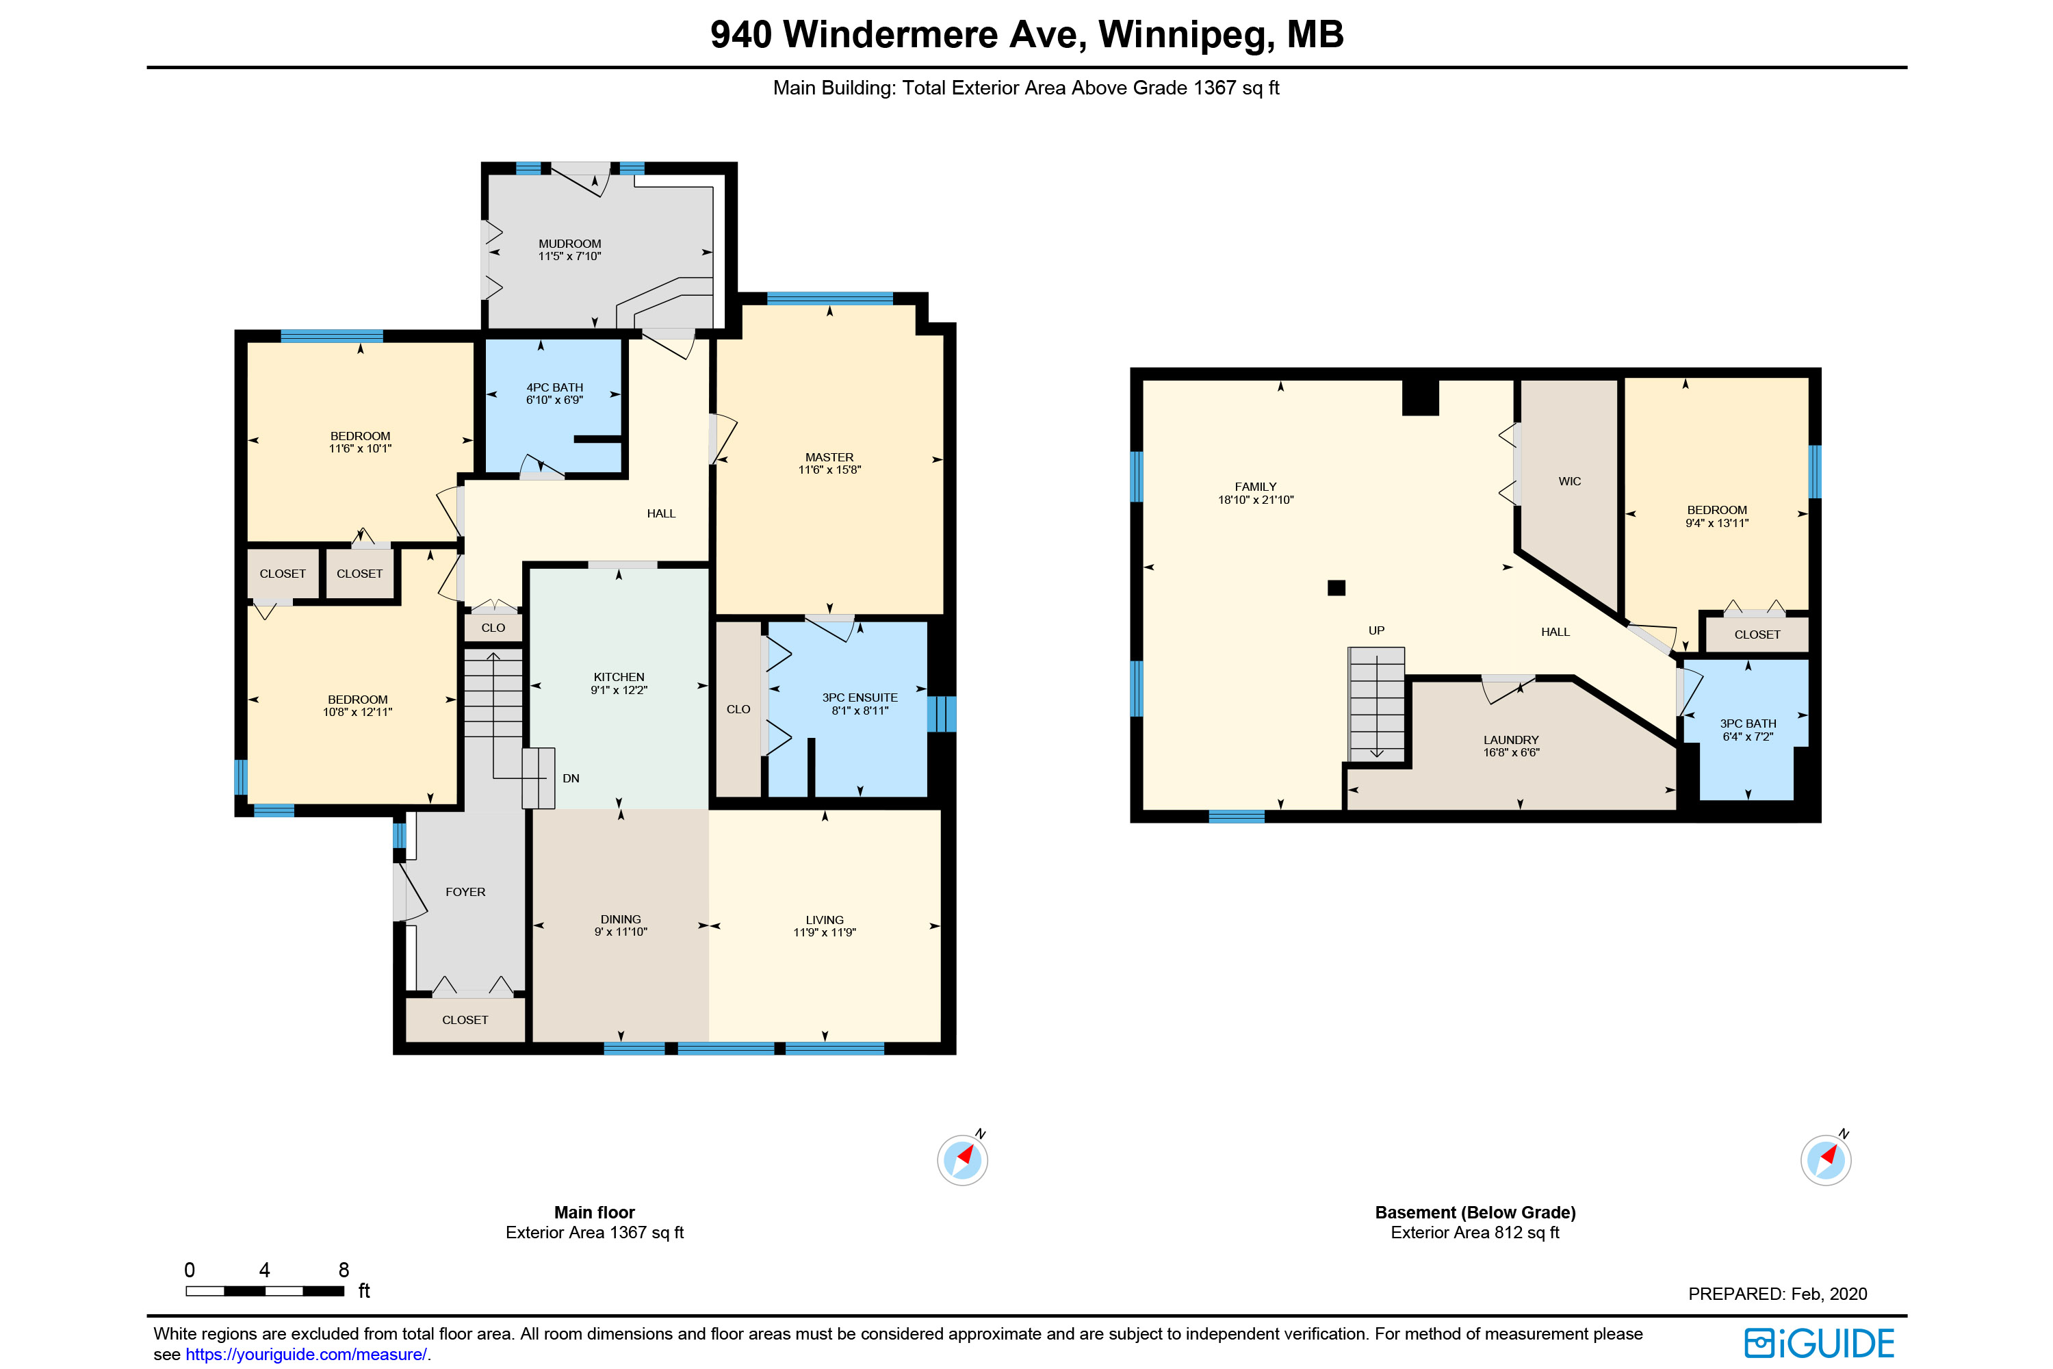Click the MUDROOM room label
[x=569, y=244]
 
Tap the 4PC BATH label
[x=554, y=387]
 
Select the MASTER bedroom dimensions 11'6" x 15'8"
[x=829, y=470]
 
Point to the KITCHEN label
[x=619, y=677]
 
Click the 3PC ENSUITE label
[x=860, y=698]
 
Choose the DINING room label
[x=621, y=919]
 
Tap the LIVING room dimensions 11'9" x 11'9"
[x=824, y=932]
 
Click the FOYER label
[x=465, y=891]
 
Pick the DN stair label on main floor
[x=571, y=778]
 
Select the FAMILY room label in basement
[x=1255, y=486]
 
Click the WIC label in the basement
[x=1569, y=481]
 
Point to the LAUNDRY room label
[x=1511, y=739]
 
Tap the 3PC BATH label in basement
[x=1748, y=723]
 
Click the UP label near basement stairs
[x=1376, y=630]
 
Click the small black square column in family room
[x=1337, y=587]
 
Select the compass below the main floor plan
[x=963, y=1160]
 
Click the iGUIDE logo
[x=1819, y=1343]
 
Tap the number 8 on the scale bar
[x=344, y=1270]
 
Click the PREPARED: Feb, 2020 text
[x=1777, y=1294]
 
